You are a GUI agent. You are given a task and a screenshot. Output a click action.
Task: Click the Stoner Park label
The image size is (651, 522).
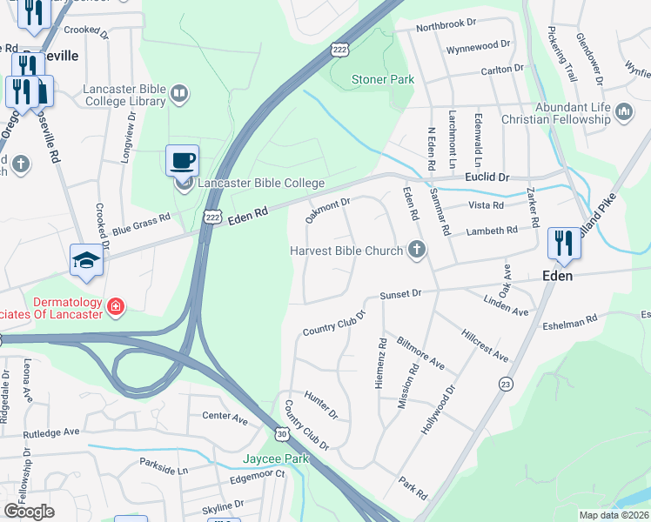tap(382, 79)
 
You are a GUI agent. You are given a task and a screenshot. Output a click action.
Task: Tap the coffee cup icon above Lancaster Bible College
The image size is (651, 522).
tap(183, 160)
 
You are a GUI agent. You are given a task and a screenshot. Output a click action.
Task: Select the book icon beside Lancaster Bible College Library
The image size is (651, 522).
tap(179, 93)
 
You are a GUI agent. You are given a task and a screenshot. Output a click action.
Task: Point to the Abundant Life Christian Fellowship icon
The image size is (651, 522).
tap(623, 111)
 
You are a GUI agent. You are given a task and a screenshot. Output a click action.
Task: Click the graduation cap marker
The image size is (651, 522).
tap(86, 260)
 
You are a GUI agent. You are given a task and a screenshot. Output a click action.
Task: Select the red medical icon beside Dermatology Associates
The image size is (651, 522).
tap(115, 306)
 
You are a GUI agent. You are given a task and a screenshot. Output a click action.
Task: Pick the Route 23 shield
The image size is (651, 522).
tap(505, 383)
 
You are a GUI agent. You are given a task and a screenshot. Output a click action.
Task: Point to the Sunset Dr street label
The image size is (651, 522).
tap(400, 294)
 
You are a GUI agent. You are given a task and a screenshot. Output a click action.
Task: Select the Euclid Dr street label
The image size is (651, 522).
tap(487, 177)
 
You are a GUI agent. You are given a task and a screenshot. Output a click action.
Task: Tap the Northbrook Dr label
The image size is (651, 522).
tap(447, 26)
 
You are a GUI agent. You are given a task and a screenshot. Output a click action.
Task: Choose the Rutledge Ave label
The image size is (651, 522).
tap(51, 432)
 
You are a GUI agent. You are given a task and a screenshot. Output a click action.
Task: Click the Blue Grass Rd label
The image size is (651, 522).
tap(140, 226)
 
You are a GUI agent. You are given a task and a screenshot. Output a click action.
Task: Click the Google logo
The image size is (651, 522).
tap(28, 512)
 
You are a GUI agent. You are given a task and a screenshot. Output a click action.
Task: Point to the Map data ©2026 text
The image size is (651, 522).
tap(614, 515)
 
